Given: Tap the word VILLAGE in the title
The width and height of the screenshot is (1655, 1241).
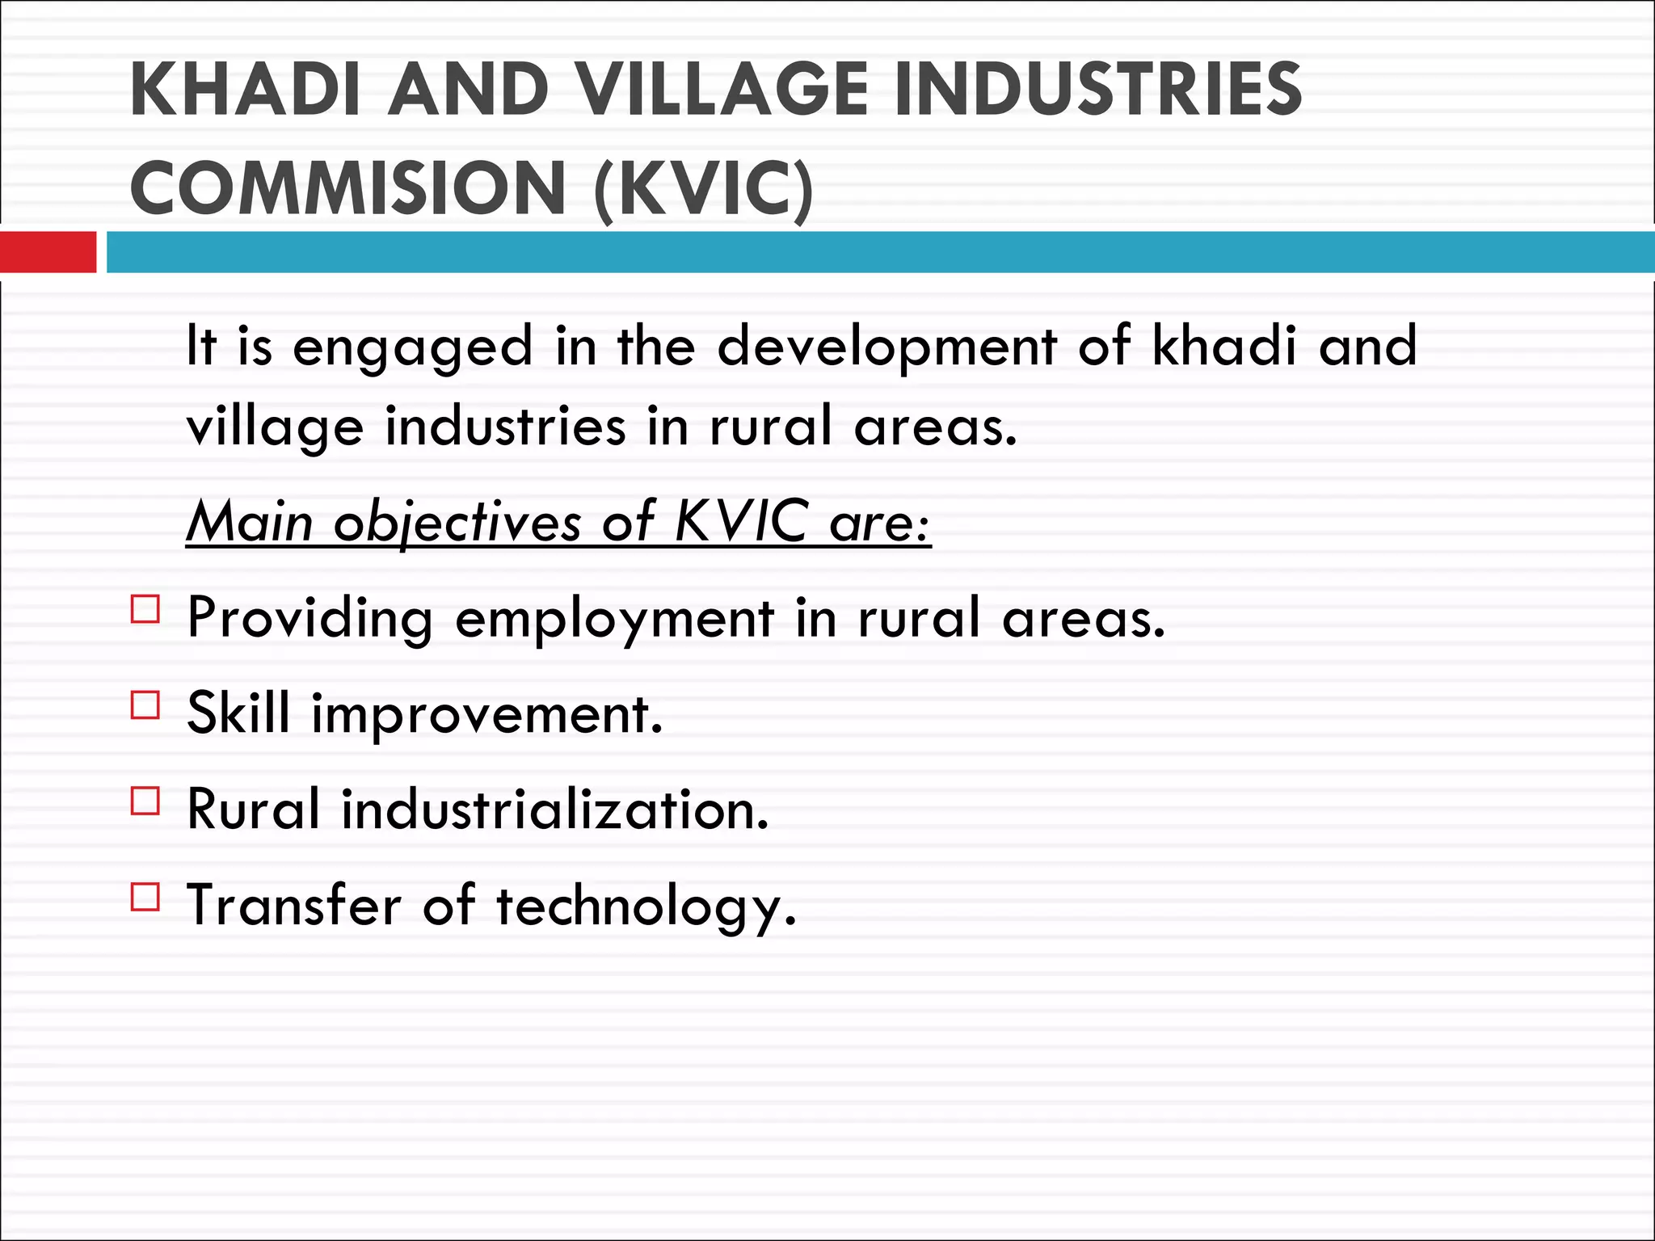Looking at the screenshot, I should [724, 90].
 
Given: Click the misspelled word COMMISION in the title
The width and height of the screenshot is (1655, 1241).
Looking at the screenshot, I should [347, 188].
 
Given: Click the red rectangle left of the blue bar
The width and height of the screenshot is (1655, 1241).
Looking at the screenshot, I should [48, 252].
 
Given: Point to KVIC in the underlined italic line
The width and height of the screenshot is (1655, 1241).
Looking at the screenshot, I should [740, 520].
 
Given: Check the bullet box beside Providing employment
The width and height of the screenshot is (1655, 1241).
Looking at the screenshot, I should [145, 608].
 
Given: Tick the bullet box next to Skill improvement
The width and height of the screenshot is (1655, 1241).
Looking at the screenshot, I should [145, 705].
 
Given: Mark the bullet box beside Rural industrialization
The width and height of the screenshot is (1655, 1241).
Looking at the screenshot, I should [145, 801].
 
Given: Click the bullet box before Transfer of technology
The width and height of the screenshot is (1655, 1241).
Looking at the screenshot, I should [145, 897].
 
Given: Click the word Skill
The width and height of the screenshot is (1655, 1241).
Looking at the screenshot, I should [238, 713].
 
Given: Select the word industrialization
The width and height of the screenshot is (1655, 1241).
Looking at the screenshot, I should [555, 809].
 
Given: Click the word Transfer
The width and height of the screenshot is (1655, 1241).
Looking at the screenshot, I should [294, 904].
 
